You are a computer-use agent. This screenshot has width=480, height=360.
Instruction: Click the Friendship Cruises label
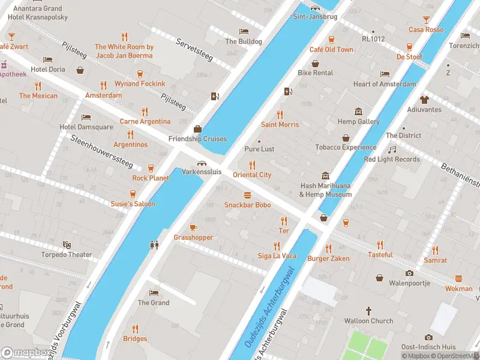pyautogui.click(x=197, y=139)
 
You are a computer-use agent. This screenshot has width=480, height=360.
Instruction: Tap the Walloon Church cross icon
pyautogui.click(x=368, y=311)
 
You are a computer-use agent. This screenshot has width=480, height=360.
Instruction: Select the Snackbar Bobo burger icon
pyautogui.click(x=247, y=195)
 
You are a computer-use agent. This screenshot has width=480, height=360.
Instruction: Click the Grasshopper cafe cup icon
pyautogui.click(x=193, y=227)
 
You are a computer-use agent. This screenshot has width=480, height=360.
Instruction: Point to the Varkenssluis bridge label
pyautogui.click(x=202, y=172)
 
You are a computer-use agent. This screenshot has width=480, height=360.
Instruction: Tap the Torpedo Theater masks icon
pyautogui.click(x=67, y=245)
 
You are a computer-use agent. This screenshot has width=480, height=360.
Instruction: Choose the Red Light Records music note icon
pyautogui.click(x=392, y=149)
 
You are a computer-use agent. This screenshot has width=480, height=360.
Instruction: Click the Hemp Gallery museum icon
pyautogui.click(x=359, y=112)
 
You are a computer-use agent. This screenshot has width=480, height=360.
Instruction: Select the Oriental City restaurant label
pyautogui.click(x=252, y=175)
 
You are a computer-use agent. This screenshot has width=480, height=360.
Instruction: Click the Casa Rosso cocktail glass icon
pyautogui.click(x=426, y=20)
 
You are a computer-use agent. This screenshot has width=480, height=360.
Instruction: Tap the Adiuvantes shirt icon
pyautogui.click(x=424, y=100)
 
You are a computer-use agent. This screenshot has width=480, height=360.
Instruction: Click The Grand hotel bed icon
pyautogui.click(x=154, y=293)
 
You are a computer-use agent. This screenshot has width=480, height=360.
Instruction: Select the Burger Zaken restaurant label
pyautogui.click(x=328, y=259)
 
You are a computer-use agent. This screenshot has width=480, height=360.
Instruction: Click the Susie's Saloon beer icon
pyautogui.click(x=133, y=194)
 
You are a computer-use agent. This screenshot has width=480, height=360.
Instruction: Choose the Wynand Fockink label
pyautogui.click(x=140, y=83)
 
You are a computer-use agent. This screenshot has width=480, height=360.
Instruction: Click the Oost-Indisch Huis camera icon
pyautogui.click(x=428, y=337)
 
